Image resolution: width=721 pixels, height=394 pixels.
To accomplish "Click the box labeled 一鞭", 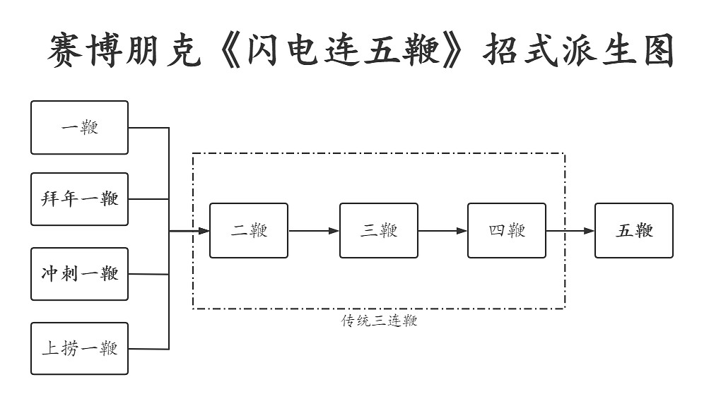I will pos(79,128).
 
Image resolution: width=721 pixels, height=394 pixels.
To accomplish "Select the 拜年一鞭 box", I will pos(79,199).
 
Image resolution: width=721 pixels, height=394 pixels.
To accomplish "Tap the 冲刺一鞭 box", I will pos(79,274).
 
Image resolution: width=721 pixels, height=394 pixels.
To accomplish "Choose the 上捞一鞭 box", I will pos(79,348).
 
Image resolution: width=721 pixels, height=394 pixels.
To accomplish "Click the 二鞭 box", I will pos(249,231).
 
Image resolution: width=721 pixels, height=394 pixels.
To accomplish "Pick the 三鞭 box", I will pos(379,231).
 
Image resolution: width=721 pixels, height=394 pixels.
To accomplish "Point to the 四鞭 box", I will pos(507,231).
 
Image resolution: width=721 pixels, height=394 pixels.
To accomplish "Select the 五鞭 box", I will pos(634,231).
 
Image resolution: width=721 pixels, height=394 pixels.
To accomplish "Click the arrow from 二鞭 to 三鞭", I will pos(314,231).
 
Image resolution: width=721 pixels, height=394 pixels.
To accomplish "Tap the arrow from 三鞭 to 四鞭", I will pos(442,231).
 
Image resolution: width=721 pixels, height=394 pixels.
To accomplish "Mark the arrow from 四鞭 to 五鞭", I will pos(570,231).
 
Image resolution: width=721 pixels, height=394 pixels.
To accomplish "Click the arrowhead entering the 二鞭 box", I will pos(204,231).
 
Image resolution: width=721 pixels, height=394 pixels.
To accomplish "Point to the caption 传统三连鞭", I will pos(380,321).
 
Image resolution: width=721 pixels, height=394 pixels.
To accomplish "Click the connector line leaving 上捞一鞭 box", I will pos(148,348).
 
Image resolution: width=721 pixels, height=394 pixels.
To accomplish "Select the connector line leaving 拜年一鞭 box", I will pos(148,199).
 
